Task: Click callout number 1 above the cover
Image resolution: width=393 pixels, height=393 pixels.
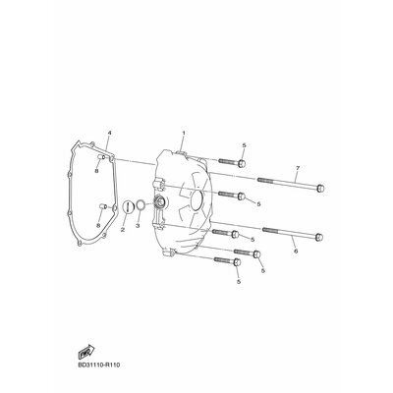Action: (x=184, y=133)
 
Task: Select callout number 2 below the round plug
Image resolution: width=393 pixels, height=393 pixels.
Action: (x=123, y=230)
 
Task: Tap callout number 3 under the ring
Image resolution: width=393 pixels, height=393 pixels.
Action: (x=138, y=226)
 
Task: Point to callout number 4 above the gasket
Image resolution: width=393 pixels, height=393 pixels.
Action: (x=110, y=133)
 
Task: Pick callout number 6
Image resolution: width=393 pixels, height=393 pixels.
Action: (x=296, y=252)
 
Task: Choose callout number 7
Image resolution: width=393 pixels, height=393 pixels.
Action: (x=298, y=168)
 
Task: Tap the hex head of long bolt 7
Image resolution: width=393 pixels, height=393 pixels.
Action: (x=320, y=189)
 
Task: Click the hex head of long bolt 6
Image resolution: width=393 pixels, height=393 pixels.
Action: (x=319, y=237)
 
